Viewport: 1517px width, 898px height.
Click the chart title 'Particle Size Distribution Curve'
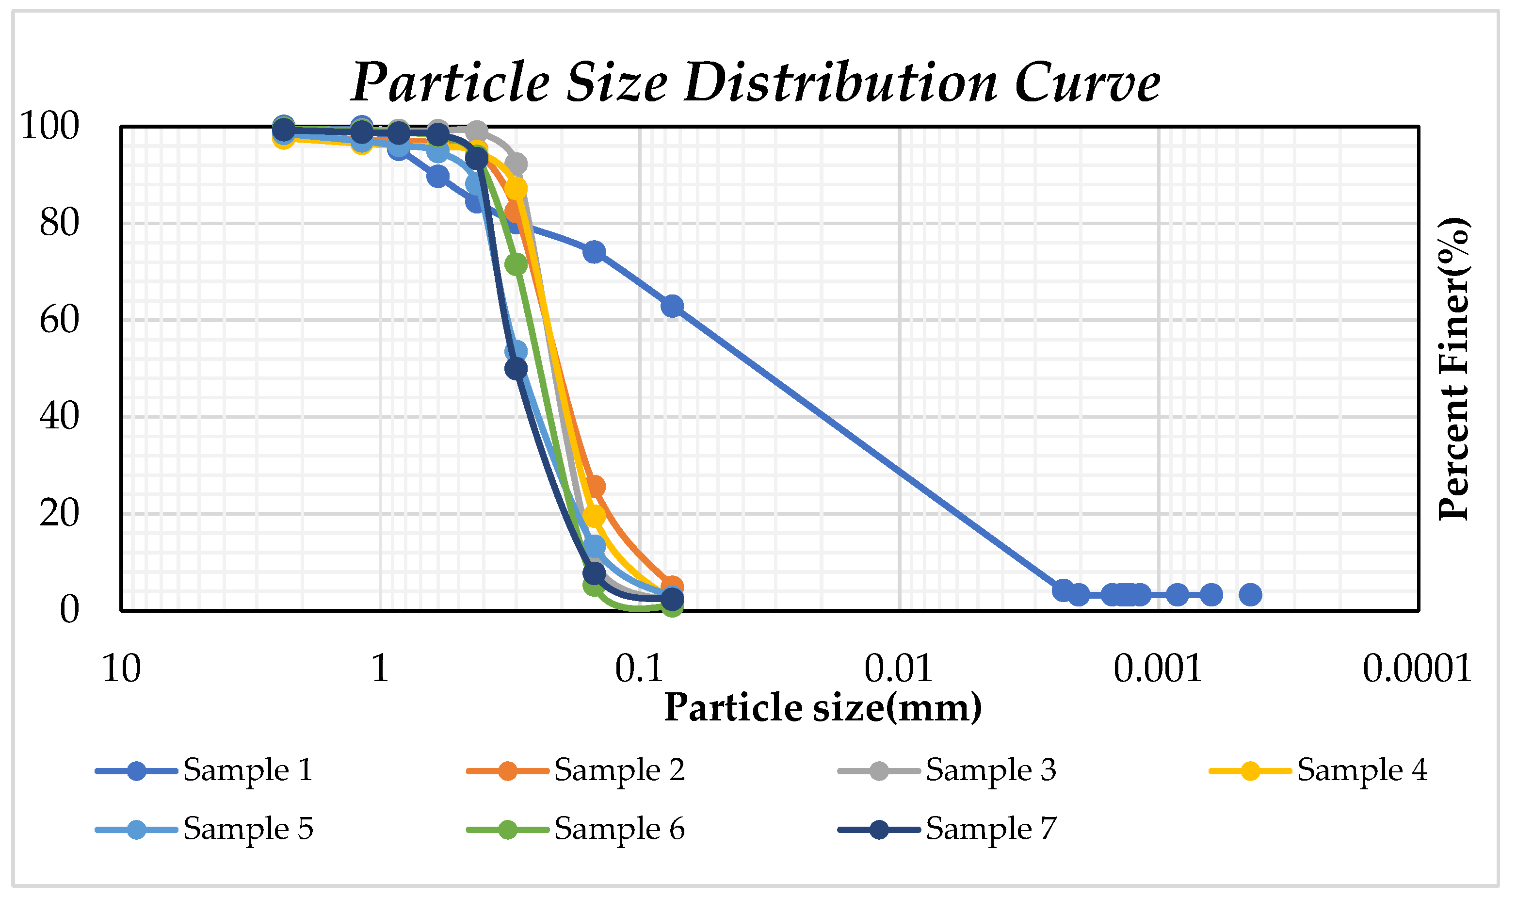tap(756, 83)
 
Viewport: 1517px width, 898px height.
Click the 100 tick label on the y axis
tap(49, 127)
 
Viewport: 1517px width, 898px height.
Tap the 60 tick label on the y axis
tap(59, 320)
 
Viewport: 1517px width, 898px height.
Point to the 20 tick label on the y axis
tap(59, 514)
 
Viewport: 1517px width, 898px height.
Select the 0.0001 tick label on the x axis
tap(1417, 669)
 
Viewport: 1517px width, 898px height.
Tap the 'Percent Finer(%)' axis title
tap(1453, 369)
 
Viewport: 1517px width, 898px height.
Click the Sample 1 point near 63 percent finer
tap(673, 307)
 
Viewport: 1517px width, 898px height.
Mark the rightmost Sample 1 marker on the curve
tap(1250, 595)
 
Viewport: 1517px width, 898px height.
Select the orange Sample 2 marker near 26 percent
tap(595, 486)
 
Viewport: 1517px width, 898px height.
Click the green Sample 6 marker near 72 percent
tap(516, 264)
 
